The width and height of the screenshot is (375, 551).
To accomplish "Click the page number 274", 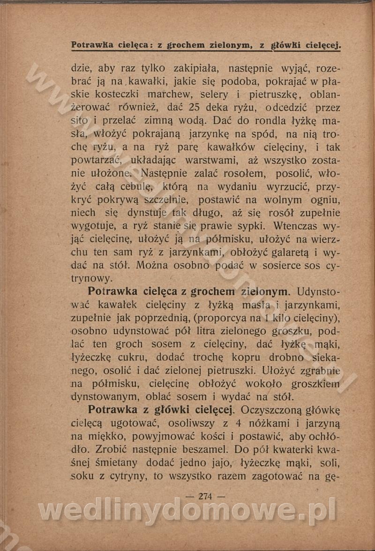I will tap(206, 497).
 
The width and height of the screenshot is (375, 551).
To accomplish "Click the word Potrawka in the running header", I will tap(94, 45).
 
